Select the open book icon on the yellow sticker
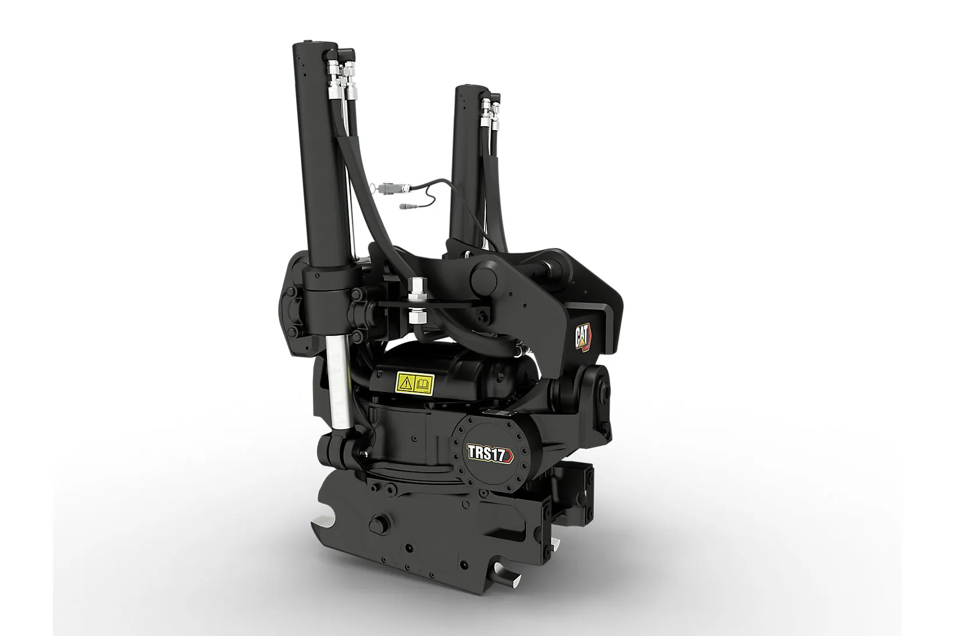click(x=423, y=383)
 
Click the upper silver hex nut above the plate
click(x=416, y=290)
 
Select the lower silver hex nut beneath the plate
click(x=416, y=317)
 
